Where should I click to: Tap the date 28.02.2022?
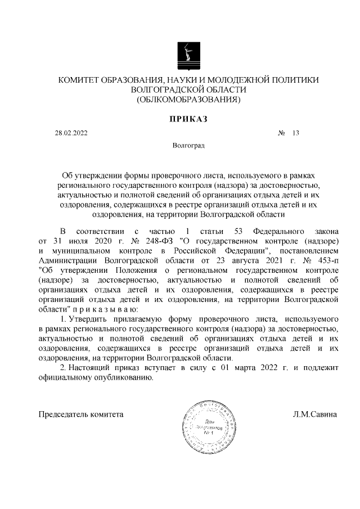71,133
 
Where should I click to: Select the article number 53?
233,231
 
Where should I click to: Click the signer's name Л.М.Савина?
315,415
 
